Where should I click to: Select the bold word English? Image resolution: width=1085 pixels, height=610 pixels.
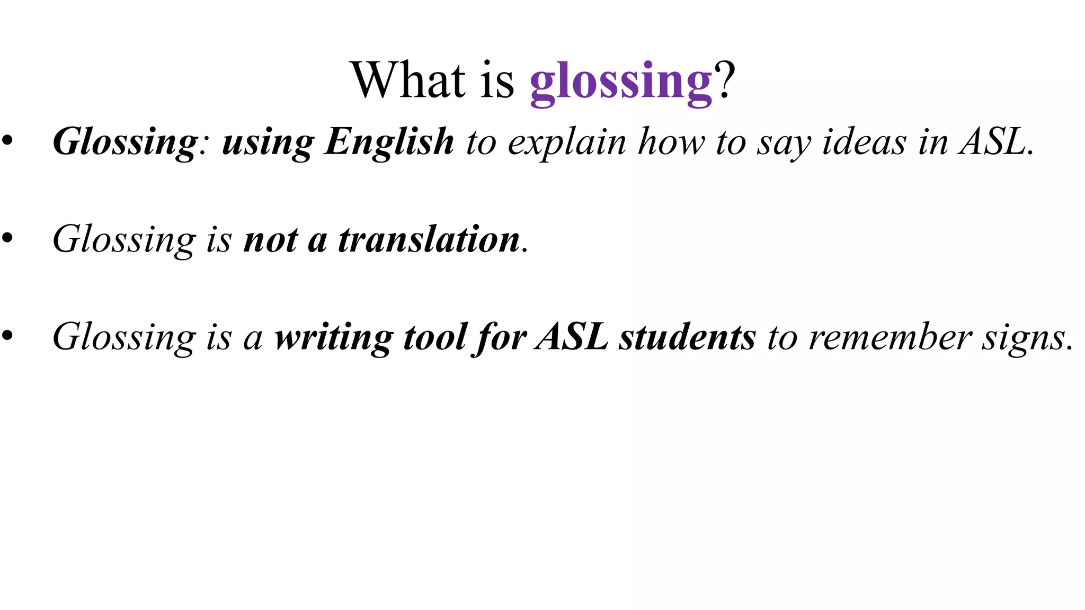tap(389, 142)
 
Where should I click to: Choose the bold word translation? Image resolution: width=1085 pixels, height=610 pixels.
tap(429, 239)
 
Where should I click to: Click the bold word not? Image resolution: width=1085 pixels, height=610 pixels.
tap(271, 240)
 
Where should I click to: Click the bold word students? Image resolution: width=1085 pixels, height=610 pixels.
tap(688, 337)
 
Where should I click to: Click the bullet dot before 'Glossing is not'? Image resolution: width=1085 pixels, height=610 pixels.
tap(7, 238)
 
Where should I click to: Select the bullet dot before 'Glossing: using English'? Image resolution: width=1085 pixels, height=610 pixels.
tap(7, 141)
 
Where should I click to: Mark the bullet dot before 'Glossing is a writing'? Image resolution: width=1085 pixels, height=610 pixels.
tap(7, 336)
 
